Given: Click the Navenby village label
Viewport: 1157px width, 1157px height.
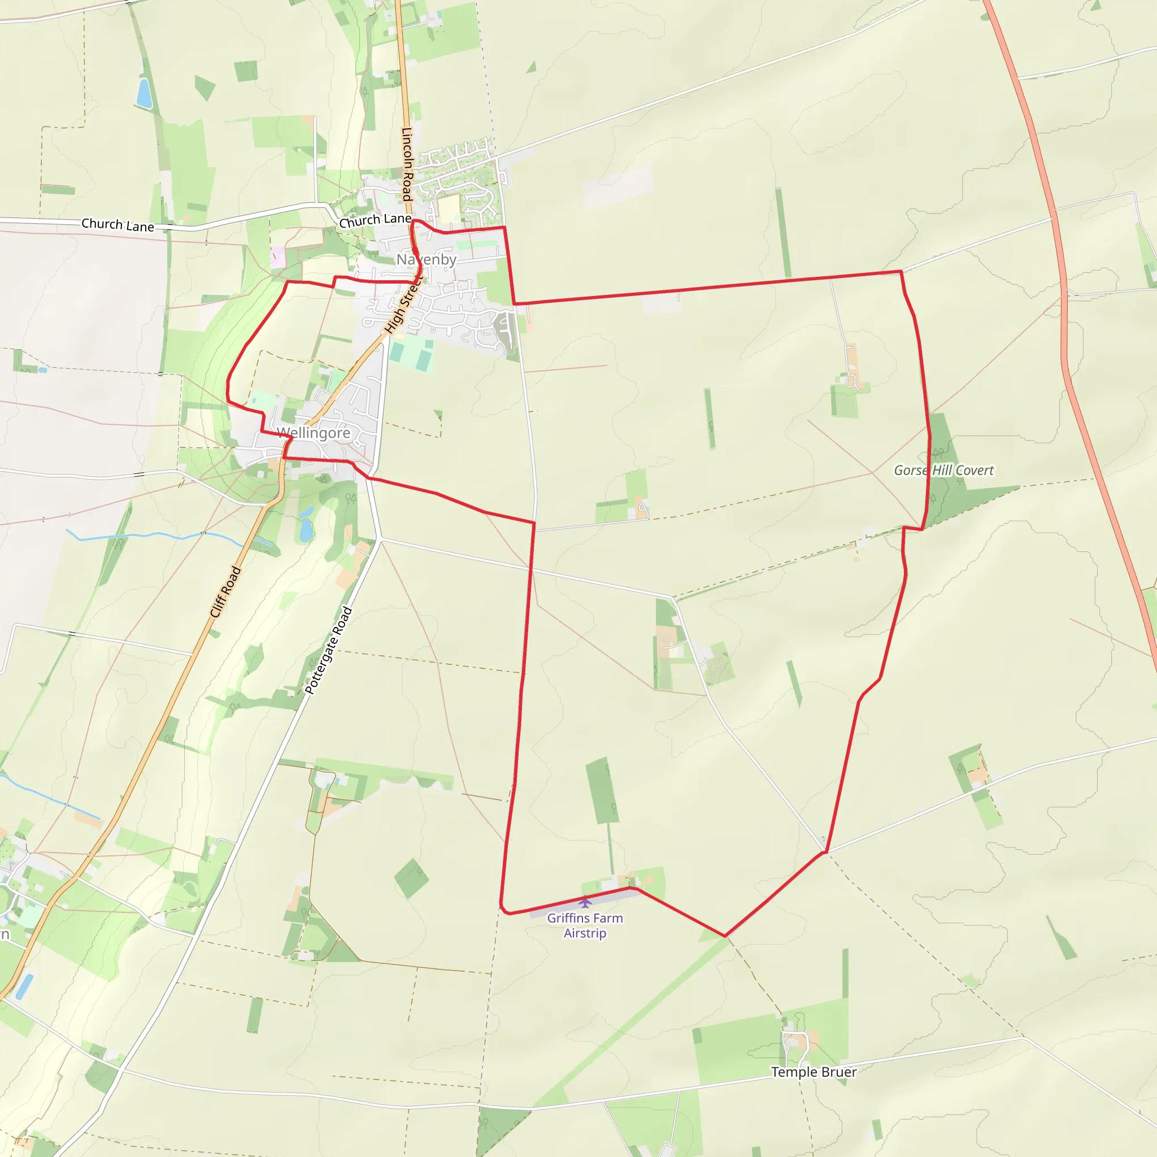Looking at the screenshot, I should point(427,259).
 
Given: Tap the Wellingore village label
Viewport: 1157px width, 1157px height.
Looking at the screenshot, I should point(313,432).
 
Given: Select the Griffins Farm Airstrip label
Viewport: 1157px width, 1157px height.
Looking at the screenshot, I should point(585,925).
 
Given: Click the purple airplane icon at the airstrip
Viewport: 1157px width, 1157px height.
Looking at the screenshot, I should point(585,902).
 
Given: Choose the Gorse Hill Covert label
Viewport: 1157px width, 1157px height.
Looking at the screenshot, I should point(944,470).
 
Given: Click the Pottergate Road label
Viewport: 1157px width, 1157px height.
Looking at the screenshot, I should point(329,650).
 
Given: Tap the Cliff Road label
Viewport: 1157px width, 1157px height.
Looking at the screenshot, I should point(225,591).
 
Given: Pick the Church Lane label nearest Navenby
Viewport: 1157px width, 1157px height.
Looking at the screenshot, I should point(376,220).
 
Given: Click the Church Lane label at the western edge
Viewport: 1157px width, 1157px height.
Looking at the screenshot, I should point(118,225).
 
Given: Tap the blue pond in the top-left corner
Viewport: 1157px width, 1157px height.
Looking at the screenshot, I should point(143,93).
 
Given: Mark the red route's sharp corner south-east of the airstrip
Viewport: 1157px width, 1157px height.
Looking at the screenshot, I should point(725,936).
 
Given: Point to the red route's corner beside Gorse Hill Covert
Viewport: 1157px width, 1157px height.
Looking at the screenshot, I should point(923,529).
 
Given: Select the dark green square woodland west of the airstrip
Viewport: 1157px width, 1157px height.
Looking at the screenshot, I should point(411,878).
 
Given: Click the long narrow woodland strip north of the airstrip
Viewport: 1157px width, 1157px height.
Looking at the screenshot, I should point(602,790).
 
